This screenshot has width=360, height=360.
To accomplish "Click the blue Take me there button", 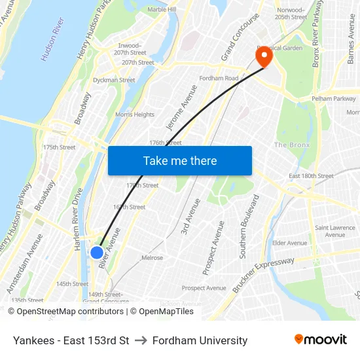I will point(179,160).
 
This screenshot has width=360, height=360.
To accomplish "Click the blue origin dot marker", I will point(97,252).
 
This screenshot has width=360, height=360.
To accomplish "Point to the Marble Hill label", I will point(162,10).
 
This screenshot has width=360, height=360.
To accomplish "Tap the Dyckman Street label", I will point(114,81).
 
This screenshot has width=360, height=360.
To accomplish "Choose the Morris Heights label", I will point(135,115).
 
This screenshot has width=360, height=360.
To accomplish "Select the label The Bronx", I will point(291,145).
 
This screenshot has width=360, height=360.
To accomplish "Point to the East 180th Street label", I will point(311,176).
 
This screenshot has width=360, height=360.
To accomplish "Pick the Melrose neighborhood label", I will point(153,258).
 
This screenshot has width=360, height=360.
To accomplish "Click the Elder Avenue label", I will point(289,243).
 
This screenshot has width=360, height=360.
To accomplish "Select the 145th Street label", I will point(72,284).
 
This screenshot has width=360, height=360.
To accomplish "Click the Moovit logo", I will point(320,340).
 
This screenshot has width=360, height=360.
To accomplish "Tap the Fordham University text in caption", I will point(200,340).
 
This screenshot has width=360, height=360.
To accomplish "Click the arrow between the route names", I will point(141,340).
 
